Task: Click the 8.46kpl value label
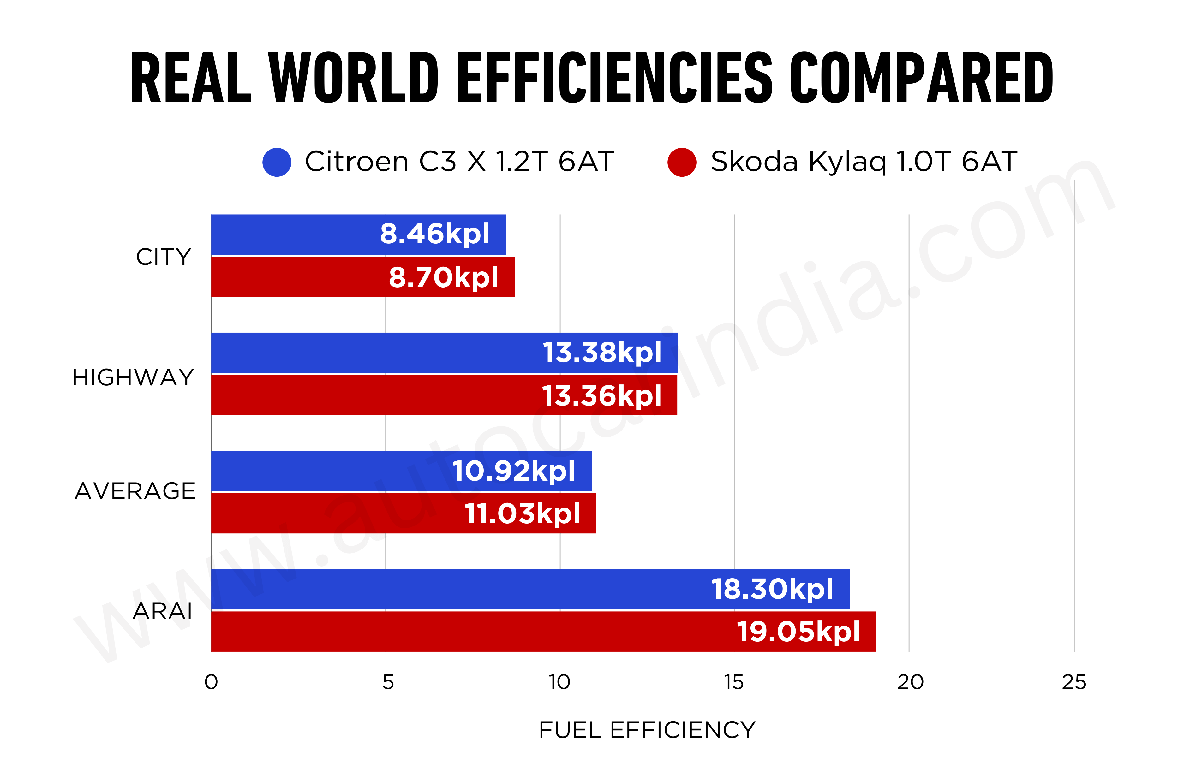tap(434, 234)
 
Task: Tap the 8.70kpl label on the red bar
tap(443, 277)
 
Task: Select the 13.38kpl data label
tap(602, 353)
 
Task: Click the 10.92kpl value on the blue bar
tap(514, 471)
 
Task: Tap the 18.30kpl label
tap(772, 589)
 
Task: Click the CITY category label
tap(164, 257)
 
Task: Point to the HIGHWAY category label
tap(133, 377)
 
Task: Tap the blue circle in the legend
tap(277, 162)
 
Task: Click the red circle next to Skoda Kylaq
tap(681, 162)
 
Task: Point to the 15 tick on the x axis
tap(733, 682)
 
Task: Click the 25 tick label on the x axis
tap(1073, 682)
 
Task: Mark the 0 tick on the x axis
tap(211, 682)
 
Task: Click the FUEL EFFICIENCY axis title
tap(647, 730)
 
